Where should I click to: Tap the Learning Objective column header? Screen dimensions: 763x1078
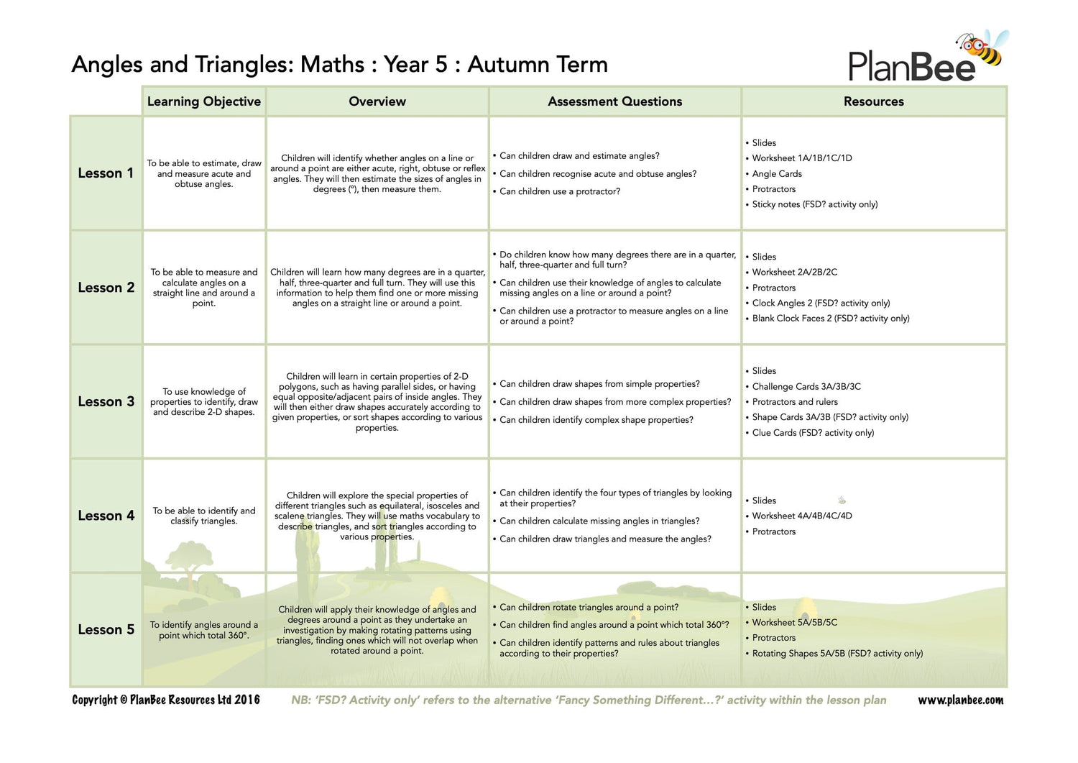tap(204, 101)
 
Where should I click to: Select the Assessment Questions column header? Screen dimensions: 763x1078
tap(614, 101)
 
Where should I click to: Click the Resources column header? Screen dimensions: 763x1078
tap(873, 101)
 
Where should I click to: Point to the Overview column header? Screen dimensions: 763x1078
tap(377, 101)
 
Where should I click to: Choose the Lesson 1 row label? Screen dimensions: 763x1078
tap(106, 173)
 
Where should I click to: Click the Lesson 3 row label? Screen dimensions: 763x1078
tap(106, 401)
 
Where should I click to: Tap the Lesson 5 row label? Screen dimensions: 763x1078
tap(106, 629)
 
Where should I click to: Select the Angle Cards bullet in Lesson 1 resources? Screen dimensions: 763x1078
tap(776, 173)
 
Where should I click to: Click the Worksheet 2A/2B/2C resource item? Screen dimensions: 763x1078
tap(794, 272)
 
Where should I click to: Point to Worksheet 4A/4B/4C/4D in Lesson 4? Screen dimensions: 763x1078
tap(801, 516)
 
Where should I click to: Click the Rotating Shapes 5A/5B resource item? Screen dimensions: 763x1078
tap(837, 653)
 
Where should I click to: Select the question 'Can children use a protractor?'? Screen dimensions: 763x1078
tap(559, 191)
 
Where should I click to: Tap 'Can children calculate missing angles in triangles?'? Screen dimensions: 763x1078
tap(599, 521)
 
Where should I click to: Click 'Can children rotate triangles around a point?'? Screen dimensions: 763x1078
tap(589, 607)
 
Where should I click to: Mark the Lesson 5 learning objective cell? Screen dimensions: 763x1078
tap(204, 630)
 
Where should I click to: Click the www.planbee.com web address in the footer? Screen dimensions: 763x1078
tap(960, 700)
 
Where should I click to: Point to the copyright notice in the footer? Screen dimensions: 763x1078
tap(166, 700)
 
